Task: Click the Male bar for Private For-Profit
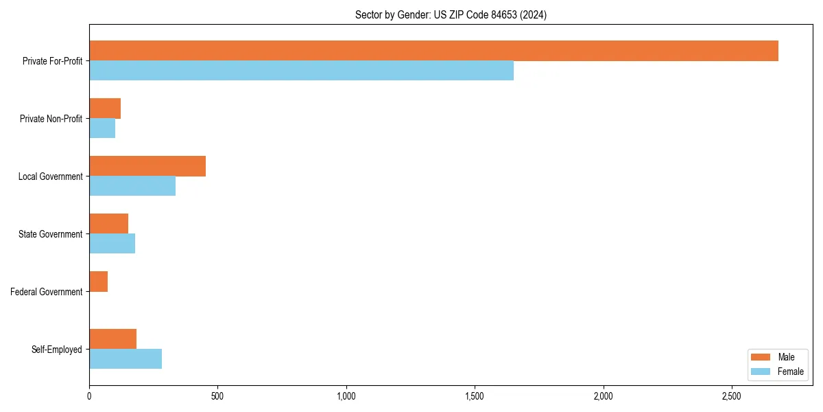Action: (x=433, y=51)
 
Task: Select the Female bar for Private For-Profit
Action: (x=301, y=70)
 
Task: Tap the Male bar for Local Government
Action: (x=147, y=166)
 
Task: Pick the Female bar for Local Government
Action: (x=132, y=185)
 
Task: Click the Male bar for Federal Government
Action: (x=98, y=282)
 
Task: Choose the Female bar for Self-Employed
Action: (x=126, y=358)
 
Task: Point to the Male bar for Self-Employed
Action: (x=112, y=339)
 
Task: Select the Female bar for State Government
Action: (x=112, y=243)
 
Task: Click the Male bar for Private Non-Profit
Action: (x=105, y=108)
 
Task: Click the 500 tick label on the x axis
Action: (x=217, y=396)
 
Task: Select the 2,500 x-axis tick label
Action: (x=732, y=396)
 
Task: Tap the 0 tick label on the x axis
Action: (x=89, y=396)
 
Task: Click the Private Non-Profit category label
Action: (x=51, y=119)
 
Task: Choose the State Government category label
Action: (x=50, y=234)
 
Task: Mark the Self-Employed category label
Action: (x=56, y=350)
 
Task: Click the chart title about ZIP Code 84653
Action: (x=451, y=14)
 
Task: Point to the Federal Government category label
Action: (x=46, y=292)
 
